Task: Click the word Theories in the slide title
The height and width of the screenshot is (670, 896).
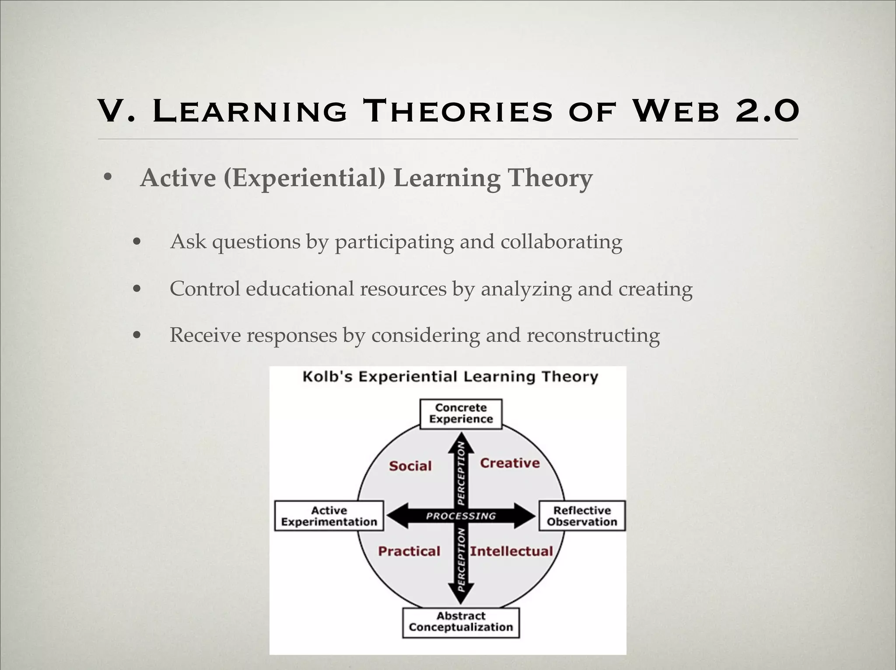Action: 458,111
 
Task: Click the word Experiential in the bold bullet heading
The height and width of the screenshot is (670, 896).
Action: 304,178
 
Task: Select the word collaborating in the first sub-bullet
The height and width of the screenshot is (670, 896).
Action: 561,242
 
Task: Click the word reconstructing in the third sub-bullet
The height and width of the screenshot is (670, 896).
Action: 593,336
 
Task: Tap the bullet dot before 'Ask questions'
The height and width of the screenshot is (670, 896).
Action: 137,242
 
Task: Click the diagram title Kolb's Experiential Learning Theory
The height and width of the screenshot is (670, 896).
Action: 450,377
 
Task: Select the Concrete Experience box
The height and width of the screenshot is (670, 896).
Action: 461,413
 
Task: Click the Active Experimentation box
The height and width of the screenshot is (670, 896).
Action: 329,516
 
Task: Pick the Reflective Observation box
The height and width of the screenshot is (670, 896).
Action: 581,516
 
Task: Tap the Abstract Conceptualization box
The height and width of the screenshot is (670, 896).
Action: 461,621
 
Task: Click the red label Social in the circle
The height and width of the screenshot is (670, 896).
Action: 410,466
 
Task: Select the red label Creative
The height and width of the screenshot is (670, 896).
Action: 510,463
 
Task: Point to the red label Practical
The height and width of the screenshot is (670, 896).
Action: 409,551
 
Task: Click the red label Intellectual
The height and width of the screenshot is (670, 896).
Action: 511,551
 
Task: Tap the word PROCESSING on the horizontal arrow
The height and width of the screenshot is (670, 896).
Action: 461,516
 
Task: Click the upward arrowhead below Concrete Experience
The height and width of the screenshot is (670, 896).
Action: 461,442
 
